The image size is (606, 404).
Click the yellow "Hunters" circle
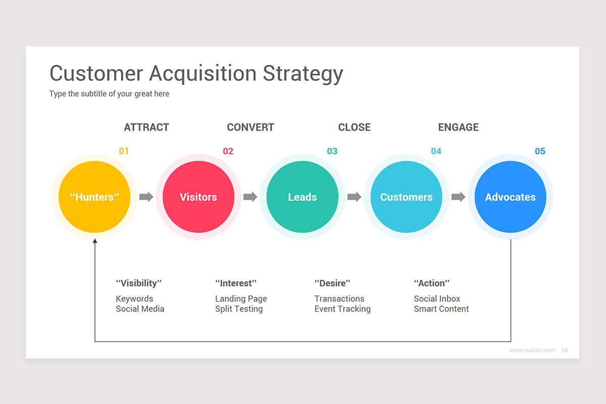[x=94, y=197]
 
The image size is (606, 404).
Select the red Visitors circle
[x=198, y=197]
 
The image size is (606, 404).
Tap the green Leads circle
[x=302, y=197]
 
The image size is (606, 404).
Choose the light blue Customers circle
[x=407, y=197]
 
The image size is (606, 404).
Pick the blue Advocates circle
[x=511, y=197]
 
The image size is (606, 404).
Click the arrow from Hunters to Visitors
[x=146, y=197]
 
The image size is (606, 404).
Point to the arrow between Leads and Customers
[x=355, y=197]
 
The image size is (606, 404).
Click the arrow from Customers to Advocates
[x=459, y=197]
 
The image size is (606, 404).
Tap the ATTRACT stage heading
[x=146, y=127]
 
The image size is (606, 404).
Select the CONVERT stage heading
[x=250, y=127]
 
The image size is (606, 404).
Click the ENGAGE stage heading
[x=459, y=127]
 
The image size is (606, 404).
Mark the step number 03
[x=332, y=151]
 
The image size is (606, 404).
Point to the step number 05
[x=540, y=151]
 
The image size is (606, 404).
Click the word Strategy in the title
[x=303, y=74]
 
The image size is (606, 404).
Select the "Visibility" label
[x=139, y=283]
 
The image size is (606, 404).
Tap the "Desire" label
[x=332, y=283]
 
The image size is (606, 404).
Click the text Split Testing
[x=239, y=309]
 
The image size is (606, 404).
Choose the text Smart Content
[x=441, y=309]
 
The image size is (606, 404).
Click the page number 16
[x=565, y=350]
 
